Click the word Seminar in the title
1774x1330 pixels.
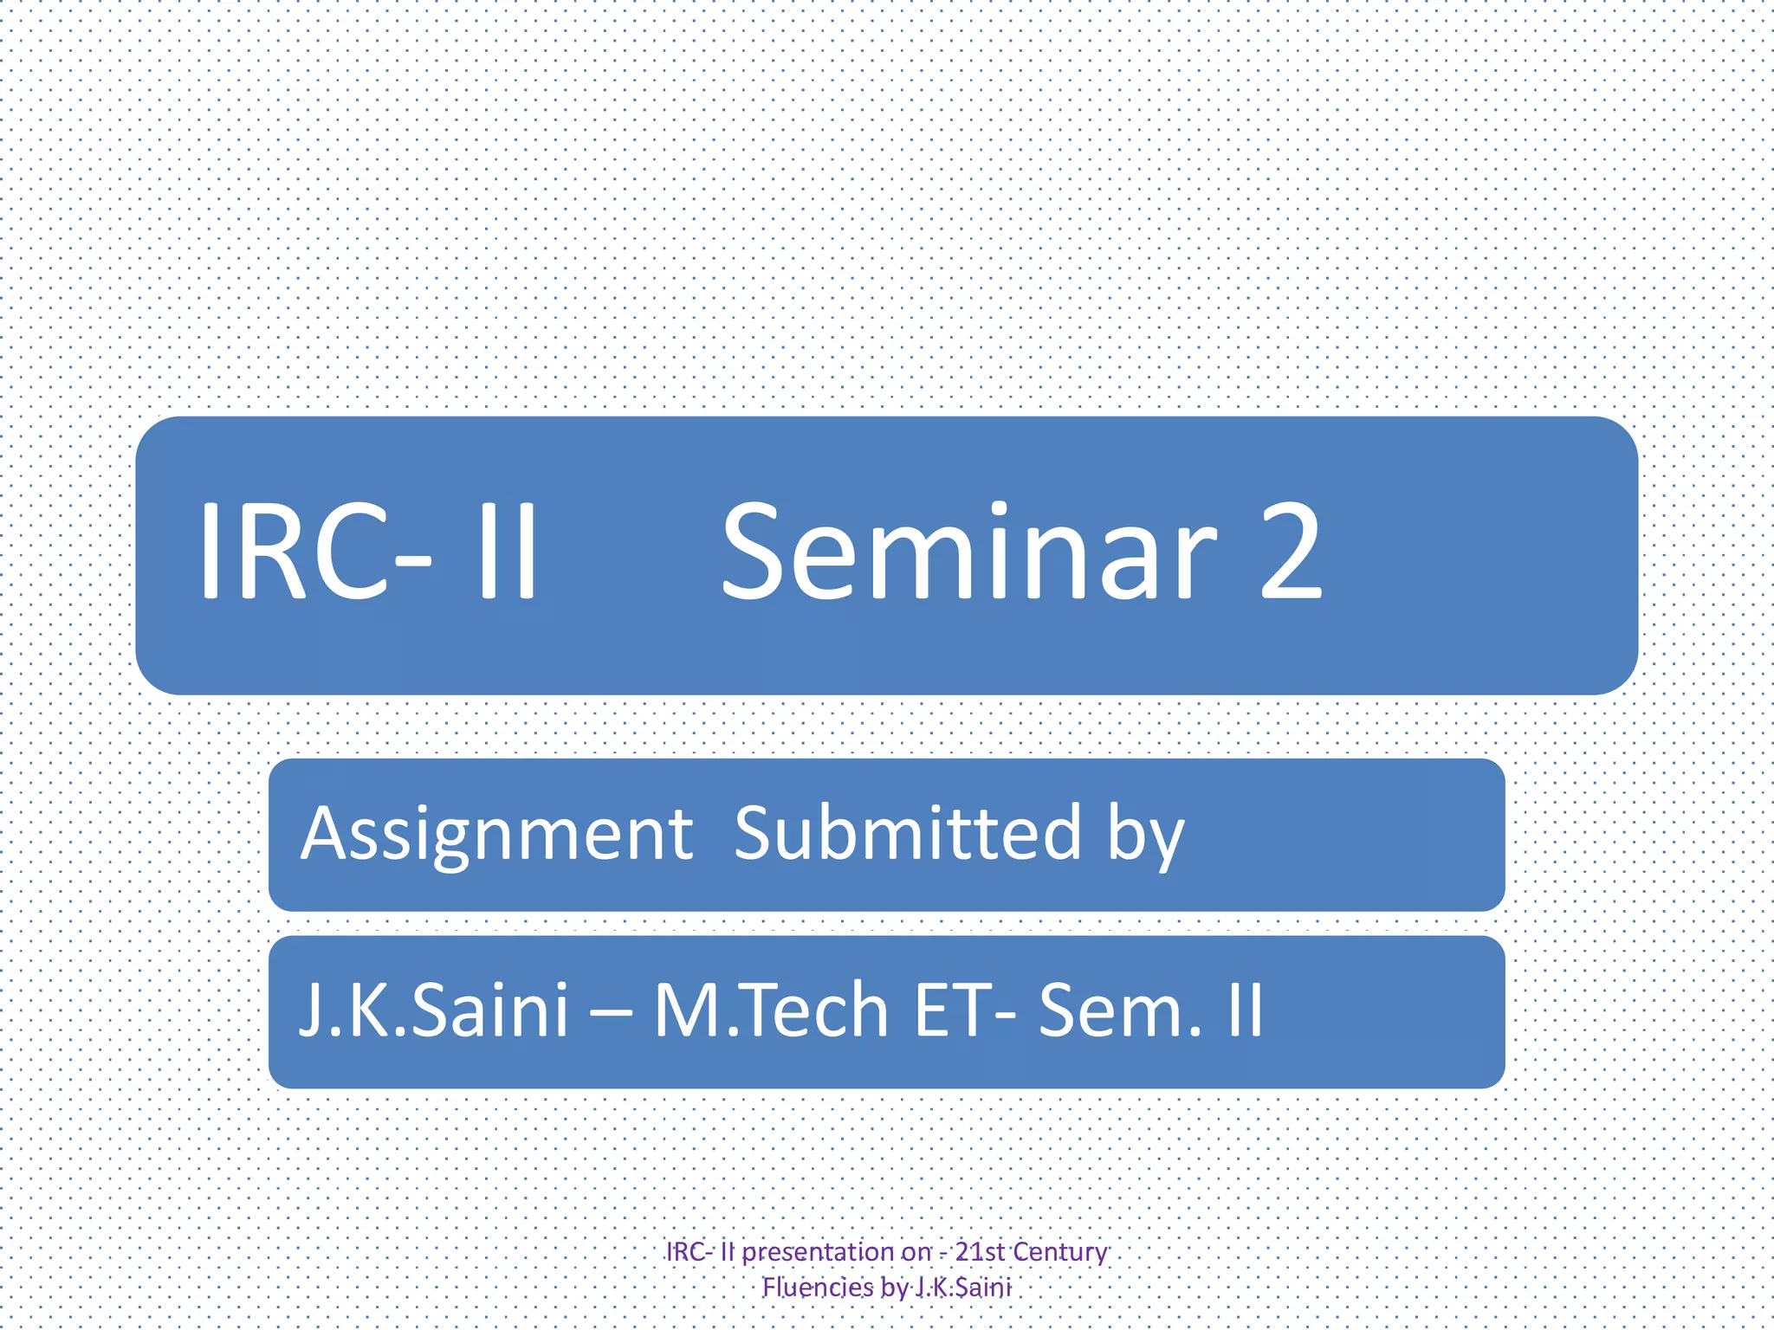click(x=968, y=554)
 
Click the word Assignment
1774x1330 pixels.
click(x=496, y=834)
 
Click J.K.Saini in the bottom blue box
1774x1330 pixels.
click(x=433, y=1010)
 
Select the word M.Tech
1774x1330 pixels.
click(x=771, y=1010)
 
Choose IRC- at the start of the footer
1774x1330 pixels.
click(x=690, y=1252)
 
